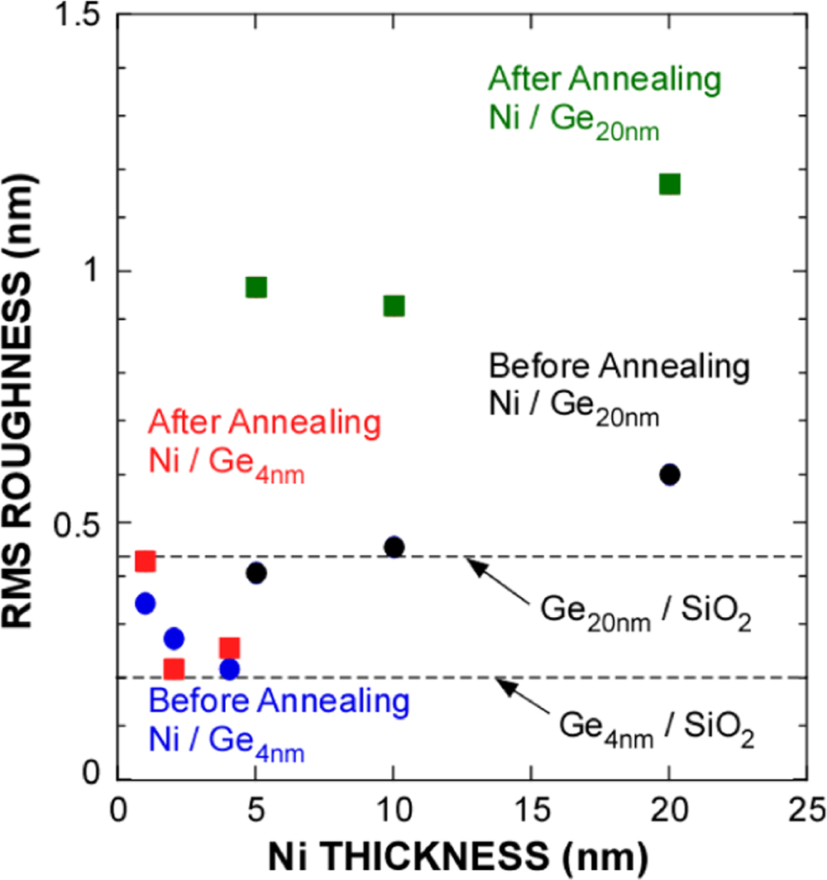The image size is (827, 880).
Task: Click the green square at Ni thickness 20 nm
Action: [669, 184]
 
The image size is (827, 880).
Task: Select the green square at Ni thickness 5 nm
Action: [256, 287]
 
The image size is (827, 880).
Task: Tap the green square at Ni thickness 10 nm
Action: [394, 306]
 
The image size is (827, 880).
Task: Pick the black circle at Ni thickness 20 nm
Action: [669, 475]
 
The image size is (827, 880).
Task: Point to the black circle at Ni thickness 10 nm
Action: [394, 547]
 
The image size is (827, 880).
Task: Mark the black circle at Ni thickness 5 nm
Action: [256, 572]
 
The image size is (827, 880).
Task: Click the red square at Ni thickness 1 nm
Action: [146, 562]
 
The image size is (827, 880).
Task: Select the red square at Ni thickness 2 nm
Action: [174, 668]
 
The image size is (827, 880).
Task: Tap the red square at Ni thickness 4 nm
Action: [229, 648]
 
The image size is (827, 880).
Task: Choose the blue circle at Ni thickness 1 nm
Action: [146, 603]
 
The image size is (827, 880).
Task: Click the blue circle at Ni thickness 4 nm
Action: [229, 668]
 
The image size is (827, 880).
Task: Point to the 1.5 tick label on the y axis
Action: [74, 18]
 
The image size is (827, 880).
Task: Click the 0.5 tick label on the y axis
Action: [74, 523]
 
